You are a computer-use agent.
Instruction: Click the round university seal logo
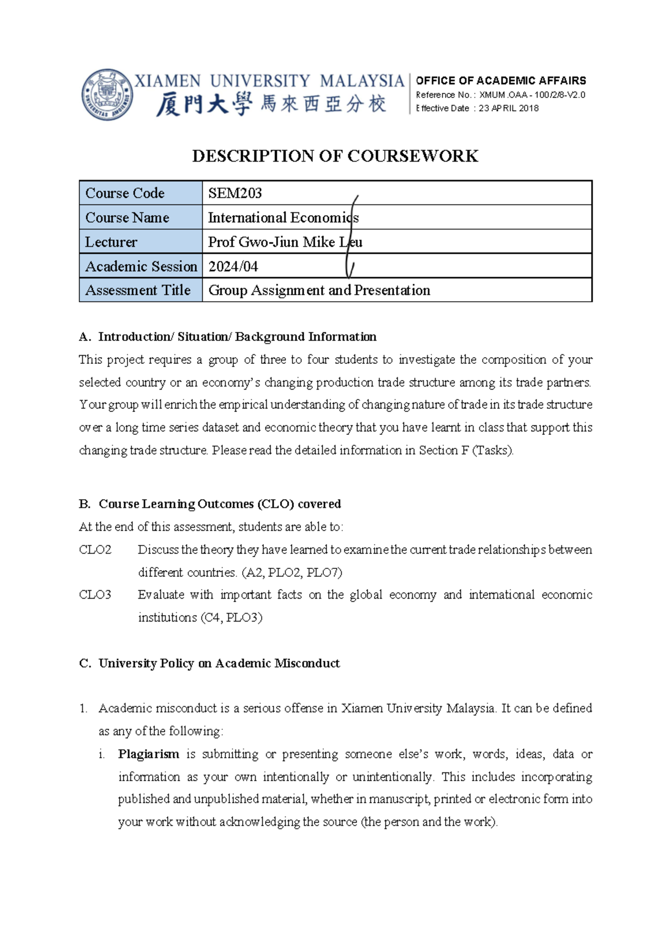107,94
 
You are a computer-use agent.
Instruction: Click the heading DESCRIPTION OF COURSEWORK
335,156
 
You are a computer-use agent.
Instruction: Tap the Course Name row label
127,218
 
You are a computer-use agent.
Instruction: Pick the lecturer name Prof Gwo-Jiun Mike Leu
285,242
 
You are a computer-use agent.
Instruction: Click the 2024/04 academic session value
233,267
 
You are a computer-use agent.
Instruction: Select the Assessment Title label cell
138,291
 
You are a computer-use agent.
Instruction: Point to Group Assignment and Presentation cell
319,291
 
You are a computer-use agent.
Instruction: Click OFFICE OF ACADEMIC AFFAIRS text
501,80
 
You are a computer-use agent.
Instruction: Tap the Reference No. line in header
500,95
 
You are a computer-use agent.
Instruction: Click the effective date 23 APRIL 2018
508,108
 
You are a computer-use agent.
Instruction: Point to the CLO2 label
95,550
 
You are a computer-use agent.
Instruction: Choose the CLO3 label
95,595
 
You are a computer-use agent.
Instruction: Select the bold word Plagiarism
148,755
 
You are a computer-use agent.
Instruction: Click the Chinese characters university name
271,105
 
